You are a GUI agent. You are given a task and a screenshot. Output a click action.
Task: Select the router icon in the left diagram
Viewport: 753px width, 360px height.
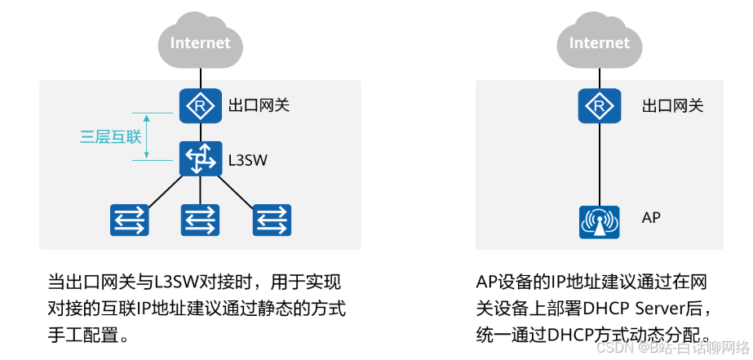click(197, 105)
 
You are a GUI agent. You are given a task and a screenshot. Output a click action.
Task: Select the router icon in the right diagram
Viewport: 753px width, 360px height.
click(600, 105)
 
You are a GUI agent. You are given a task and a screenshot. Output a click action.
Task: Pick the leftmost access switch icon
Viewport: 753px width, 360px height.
click(130, 219)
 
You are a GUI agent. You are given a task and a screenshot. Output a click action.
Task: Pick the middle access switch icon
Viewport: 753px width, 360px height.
click(200, 219)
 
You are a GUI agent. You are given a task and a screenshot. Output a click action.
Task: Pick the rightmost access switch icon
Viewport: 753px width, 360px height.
click(272, 219)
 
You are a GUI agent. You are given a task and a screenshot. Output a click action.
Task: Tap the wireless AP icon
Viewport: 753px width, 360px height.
click(600, 220)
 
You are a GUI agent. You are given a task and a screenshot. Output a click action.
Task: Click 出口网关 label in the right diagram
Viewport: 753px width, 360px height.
click(672, 105)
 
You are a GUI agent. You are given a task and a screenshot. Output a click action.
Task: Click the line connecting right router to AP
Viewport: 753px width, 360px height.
click(600, 163)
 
